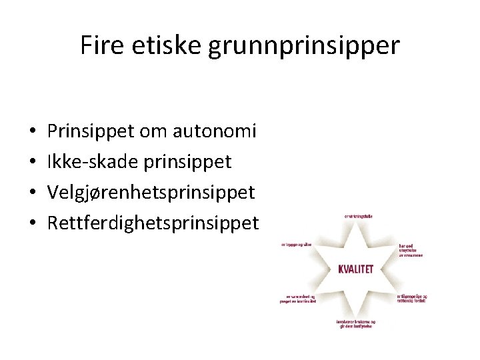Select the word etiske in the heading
[x=167, y=45]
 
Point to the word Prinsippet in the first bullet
[x=91, y=131]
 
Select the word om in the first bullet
[x=153, y=131]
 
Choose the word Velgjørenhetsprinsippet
[x=151, y=193]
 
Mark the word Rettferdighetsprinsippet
[x=153, y=223]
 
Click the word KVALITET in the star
[x=355, y=269]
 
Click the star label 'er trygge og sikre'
[x=296, y=245]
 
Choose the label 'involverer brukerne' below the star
[x=355, y=324]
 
